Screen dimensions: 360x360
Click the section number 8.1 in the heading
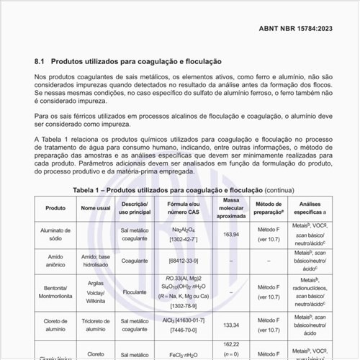point(40,62)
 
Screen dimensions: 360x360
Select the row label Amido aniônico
point(55,260)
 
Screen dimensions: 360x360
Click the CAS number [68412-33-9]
point(179,260)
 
